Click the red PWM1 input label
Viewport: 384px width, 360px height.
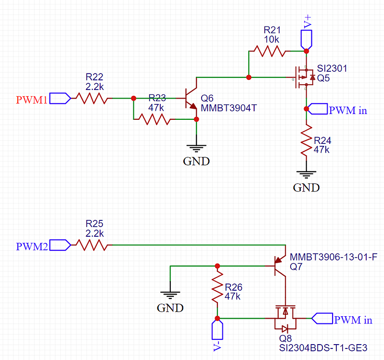tap(32, 100)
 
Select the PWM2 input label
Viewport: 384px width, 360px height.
tap(32, 246)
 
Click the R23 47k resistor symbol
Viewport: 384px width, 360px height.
tap(153, 119)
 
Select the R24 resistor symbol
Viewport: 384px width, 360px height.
tap(307, 140)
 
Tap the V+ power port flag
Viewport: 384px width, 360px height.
tap(307, 37)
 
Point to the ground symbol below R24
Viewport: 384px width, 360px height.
tap(307, 175)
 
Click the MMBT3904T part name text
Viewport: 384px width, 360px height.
tap(229, 108)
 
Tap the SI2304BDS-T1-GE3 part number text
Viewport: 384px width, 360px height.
tap(323, 347)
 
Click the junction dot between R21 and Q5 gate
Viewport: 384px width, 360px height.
tap(248, 77)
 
